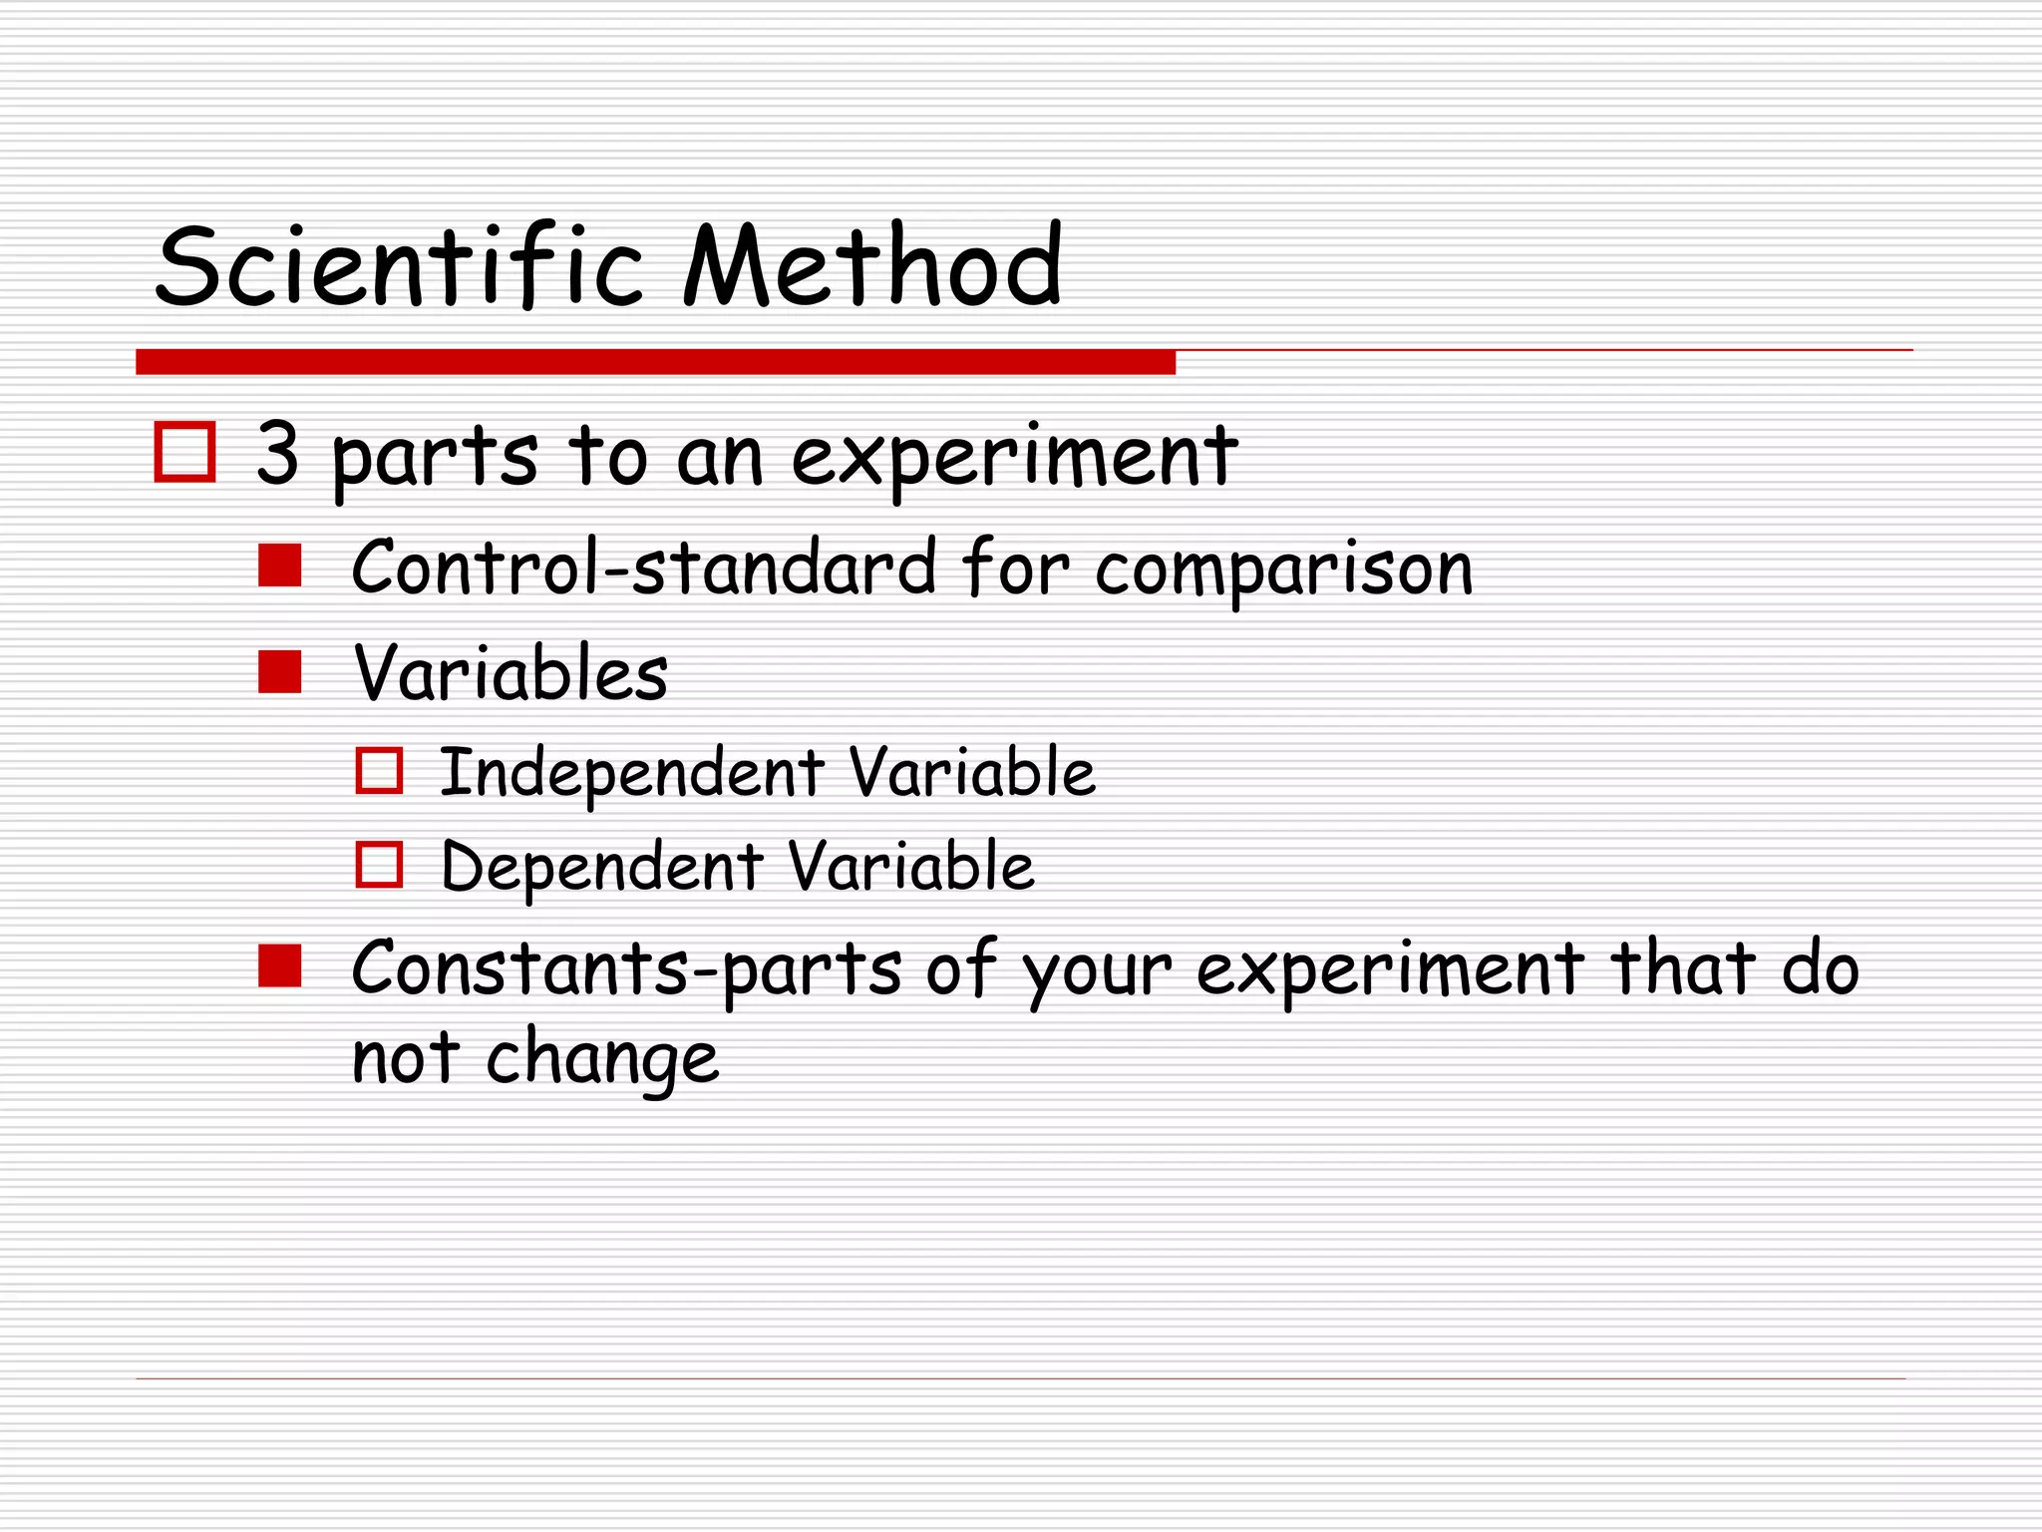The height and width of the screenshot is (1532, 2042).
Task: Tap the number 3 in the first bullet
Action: click(x=277, y=454)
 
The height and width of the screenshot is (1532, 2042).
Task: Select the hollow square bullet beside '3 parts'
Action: click(x=185, y=453)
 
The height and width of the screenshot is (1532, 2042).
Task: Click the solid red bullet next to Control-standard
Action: click(x=279, y=566)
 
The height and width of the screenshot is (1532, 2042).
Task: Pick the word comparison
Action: click(x=1283, y=571)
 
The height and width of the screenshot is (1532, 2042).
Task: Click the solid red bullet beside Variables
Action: click(x=279, y=671)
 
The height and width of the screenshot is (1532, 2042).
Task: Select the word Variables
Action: click(x=510, y=673)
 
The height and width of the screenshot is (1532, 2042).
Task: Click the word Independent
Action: click(x=632, y=773)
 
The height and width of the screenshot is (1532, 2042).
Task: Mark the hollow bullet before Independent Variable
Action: click(x=379, y=771)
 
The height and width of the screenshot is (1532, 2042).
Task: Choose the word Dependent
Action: click(x=602, y=866)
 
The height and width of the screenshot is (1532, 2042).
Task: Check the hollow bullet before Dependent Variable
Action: click(x=379, y=865)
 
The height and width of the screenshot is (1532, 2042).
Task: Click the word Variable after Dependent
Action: click(x=911, y=866)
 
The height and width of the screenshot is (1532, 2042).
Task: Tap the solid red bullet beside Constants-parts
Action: click(x=279, y=966)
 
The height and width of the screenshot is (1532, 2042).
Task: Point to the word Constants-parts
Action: click(x=627, y=969)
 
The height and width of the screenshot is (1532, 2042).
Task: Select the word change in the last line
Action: click(x=602, y=1059)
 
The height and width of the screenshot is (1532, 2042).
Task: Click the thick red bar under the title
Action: click(x=655, y=362)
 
